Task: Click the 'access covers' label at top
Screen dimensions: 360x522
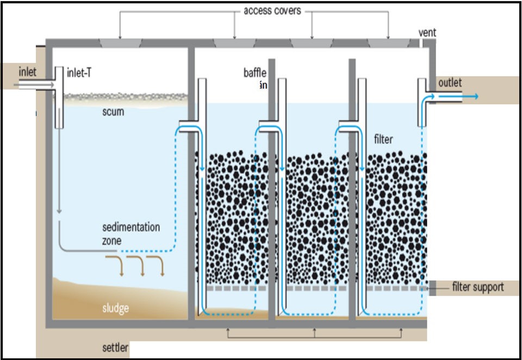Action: click(x=272, y=10)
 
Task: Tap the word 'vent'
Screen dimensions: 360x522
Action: click(x=427, y=33)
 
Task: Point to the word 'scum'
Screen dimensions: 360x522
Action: click(x=113, y=112)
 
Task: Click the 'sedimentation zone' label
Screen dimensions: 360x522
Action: click(x=131, y=233)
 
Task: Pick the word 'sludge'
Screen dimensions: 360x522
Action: click(x=116, y=308)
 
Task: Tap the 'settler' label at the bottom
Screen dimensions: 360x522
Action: click(x=115, y=348)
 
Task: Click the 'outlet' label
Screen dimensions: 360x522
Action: click(x=450, y=83)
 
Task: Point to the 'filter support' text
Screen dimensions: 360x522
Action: click(x=478, y=287)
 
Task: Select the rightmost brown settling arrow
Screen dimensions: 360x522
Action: click(x=161, y=267)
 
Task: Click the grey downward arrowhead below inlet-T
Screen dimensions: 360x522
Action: click(x=59, y=214)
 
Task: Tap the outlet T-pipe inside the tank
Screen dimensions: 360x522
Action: click(x=424, y=101)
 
